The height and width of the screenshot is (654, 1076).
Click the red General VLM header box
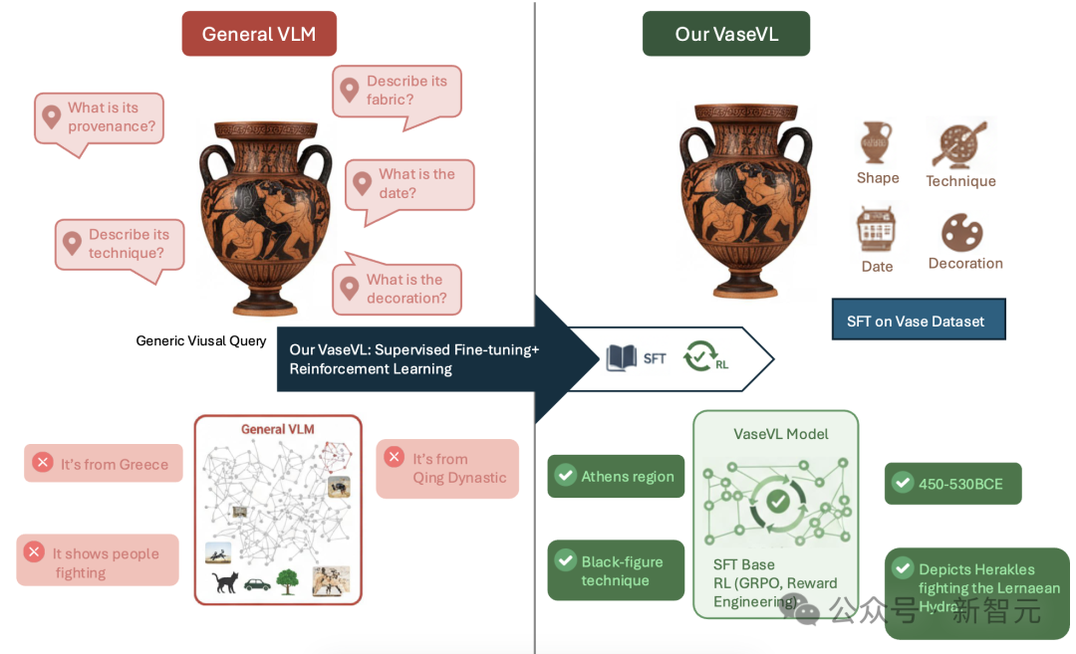259,34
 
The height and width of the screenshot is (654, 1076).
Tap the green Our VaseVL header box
725,34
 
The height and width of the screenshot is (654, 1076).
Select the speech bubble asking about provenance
100,118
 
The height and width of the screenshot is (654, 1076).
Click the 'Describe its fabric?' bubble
397,92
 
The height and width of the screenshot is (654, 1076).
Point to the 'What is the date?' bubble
409,184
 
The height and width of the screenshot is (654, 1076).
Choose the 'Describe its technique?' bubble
120,245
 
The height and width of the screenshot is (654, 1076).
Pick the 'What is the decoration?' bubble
397,289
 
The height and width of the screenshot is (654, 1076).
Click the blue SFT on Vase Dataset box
918,320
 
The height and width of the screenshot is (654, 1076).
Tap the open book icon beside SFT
622,357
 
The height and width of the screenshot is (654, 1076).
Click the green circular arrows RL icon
699,355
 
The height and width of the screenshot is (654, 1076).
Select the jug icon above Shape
876,142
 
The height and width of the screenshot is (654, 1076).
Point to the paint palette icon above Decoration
961,233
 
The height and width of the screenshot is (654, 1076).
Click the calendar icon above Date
877,228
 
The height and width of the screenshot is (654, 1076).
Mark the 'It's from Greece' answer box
104,463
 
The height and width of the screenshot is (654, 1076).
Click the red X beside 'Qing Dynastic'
395,457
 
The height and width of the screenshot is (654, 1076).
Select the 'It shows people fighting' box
98,560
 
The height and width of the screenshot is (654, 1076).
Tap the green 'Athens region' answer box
616,476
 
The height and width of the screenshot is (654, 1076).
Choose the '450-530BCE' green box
952,484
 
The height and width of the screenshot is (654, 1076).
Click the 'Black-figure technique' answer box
616,570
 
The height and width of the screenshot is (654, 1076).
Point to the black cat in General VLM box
225,581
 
